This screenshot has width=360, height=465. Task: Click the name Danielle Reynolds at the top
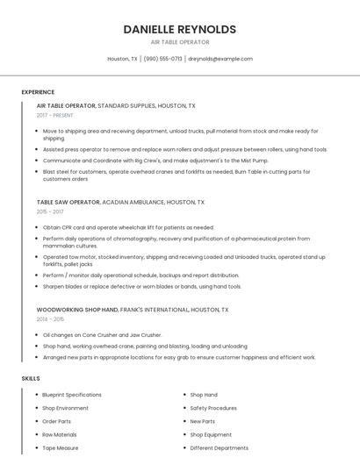180,29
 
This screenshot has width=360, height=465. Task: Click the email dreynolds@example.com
220,59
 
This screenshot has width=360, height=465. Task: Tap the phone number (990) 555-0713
162,59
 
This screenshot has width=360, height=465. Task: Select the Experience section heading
38,91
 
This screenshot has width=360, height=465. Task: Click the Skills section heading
31,378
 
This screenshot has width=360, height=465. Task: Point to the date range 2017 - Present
54,115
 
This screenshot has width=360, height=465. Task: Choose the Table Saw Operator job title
68,201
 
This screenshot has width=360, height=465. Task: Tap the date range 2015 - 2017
50,211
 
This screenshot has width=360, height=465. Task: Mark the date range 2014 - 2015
50,319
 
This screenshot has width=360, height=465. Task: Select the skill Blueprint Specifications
72,395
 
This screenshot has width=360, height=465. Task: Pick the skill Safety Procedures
213,408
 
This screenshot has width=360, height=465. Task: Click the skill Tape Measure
61,447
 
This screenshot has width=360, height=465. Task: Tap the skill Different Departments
220,447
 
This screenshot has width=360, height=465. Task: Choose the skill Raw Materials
60,434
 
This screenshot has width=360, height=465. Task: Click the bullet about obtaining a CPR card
128,227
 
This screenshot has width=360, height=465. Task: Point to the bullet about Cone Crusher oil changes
103,334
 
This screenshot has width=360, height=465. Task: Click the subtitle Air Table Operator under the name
180,42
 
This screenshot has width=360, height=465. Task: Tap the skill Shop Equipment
211,434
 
